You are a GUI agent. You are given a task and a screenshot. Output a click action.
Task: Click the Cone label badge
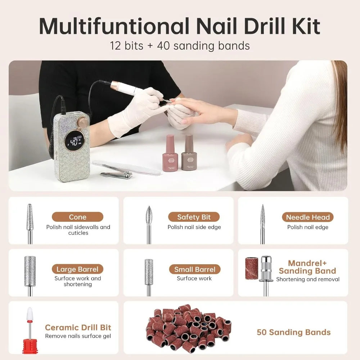[77, 217]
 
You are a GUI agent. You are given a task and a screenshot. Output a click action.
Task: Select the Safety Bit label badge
[194, 217]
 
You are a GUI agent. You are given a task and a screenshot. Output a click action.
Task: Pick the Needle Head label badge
[308, 217]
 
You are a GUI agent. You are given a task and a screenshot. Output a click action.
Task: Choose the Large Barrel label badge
[77, 269]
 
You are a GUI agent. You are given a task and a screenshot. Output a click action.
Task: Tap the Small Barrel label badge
[194, 269]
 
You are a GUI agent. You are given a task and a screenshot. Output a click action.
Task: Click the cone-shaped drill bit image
[30, 218]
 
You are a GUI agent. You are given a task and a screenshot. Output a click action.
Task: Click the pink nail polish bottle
[170, 155]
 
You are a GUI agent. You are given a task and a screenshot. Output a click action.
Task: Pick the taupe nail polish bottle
[189, 154]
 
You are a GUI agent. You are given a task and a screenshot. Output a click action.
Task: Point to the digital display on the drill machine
[75, 142]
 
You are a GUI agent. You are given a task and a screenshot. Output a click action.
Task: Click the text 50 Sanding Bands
[293, 332]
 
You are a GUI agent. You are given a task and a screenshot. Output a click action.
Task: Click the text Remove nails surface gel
[78, 336]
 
